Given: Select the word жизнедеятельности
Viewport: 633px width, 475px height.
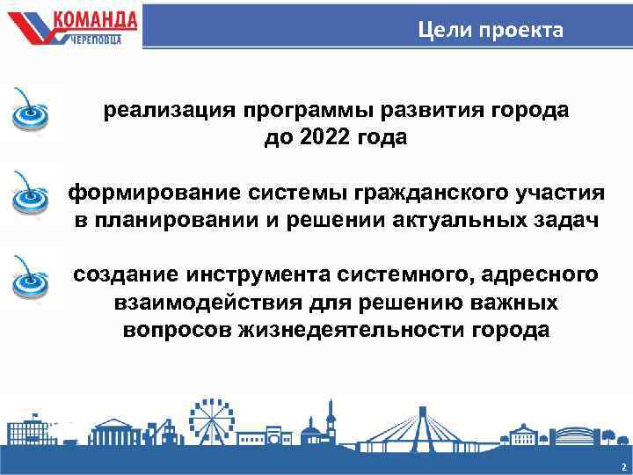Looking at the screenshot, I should (353, 331).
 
